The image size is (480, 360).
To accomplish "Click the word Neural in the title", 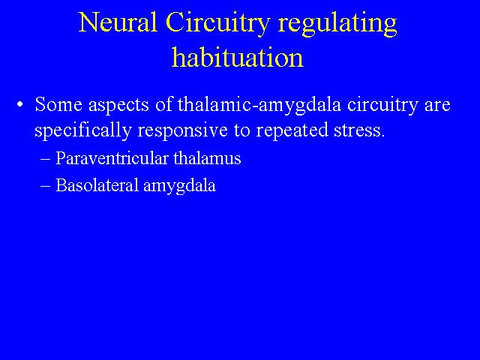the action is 118,22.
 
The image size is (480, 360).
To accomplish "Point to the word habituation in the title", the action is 238,57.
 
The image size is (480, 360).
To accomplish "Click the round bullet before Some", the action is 20,105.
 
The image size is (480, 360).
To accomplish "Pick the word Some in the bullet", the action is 58,104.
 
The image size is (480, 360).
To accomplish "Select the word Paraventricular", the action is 112,158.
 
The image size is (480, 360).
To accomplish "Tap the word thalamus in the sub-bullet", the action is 207,158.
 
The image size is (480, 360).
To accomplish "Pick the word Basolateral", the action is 97,185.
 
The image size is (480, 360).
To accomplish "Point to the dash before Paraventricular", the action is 45,160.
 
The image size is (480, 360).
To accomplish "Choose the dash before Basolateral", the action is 45,186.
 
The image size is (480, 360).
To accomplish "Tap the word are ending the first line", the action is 437,106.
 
